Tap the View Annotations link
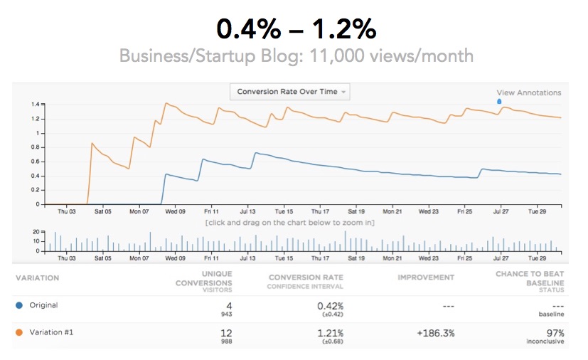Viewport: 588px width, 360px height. (x=528, y=92)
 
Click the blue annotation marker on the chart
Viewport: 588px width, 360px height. (x=498, y=101)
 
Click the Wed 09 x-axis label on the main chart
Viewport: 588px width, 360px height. (x=175, y=211)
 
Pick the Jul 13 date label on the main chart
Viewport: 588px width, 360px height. (x=248, y=211)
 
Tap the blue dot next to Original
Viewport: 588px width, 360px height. (x=18, y=305)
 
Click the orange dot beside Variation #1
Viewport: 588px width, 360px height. (x=18, y=333)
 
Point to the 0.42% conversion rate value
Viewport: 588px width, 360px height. (x=330, y=305)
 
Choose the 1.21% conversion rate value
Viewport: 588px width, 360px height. (x=330, y=333)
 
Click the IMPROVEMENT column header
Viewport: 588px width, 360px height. (x=426, y=277)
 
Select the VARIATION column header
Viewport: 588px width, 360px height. (x=37, y=277)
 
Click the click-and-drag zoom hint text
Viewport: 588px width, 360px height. (x=290, y=223)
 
